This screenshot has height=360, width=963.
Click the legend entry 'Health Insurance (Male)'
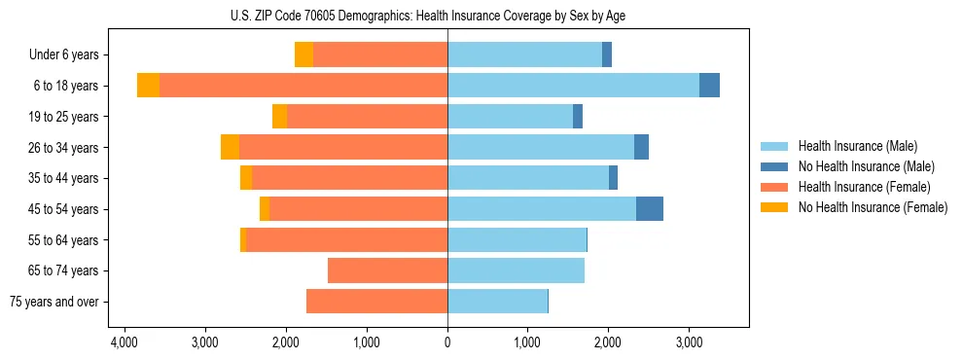coord(857,146)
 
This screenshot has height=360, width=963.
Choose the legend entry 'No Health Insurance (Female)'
coord(873,207)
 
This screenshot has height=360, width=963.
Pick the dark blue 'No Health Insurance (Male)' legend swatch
coord(774,166)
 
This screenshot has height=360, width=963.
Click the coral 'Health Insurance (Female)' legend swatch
coord(774,187)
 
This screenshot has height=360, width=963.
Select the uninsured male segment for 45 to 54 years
coord(650,209)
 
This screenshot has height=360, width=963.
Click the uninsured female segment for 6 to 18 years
coord(148,86)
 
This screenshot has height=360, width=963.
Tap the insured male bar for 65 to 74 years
coord(516,270)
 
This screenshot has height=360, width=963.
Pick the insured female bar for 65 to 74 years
coord(387,270)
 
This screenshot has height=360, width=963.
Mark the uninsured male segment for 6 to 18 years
coord(709,86)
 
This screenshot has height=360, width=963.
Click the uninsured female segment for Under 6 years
coord(303,55)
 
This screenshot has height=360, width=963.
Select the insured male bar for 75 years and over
coord(497,302)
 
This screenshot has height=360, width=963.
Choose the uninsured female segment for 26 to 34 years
coord(230,147)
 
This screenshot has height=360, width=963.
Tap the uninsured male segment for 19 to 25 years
coord(578,117)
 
